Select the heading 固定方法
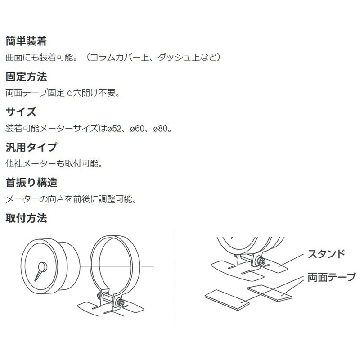(x=26, y=76)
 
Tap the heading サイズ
(x=21, y=112)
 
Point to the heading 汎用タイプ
(x=31, y=147)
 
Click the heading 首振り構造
(x=31, y=183)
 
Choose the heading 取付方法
(x=26, y=218)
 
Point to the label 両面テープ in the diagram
(x=332, y=277)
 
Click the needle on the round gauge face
(x=40, y=270)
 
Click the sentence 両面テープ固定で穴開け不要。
(x=63, y=93)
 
